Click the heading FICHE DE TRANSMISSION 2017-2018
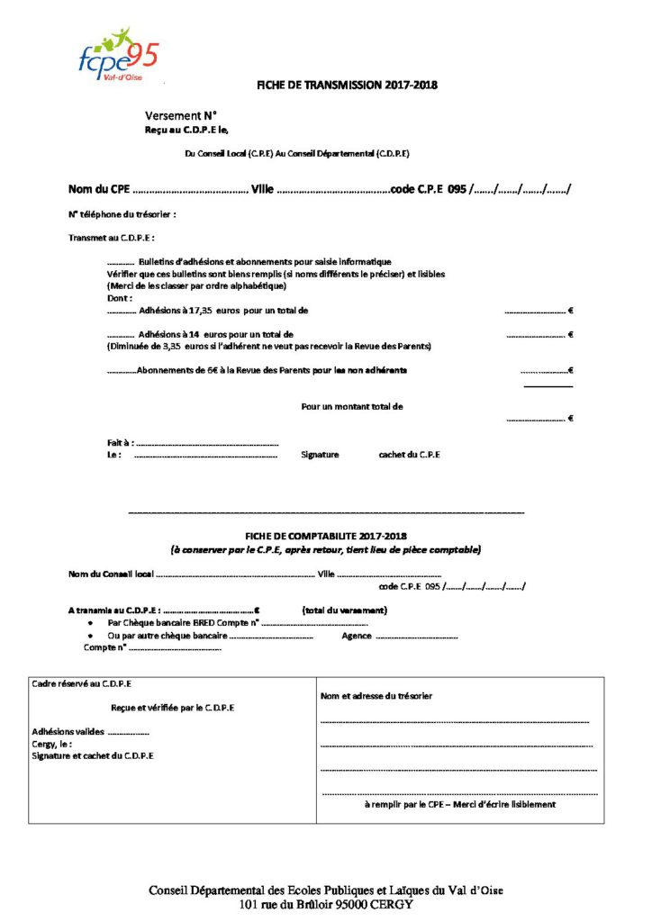pyautogui.click(x=348, y=86)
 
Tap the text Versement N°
pyautogui.click(x=181, y=116)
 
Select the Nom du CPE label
pyautogui.click(x=99, y=189)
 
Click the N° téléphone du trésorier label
pyautogui.click(x=122, y=214)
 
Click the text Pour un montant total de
pyautogui.click(x=352, y=406)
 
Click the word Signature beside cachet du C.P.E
pyautogui.click(x=320, y=455)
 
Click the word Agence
pyautogui.click(x=357, y=636)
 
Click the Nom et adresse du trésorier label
pyautogui.click(x=376, y=696)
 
